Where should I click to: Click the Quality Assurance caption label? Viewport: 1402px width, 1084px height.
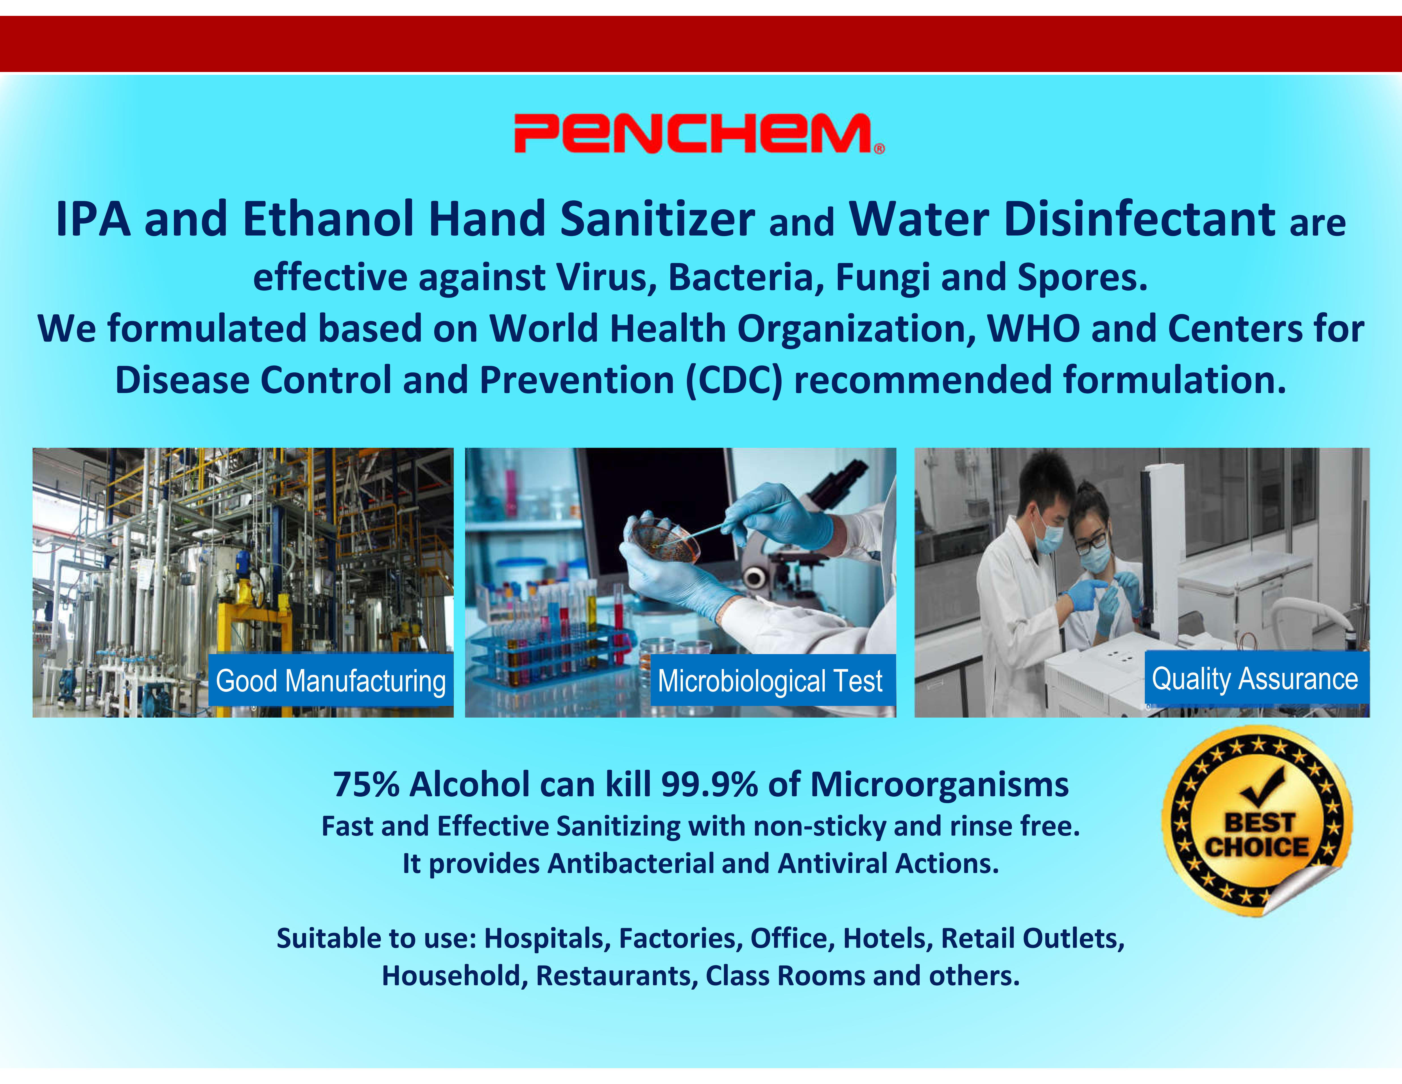pyautogui.click(x=1256, y=678)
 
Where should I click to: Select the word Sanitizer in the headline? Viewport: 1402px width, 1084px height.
pyautogui.click(x=657, y=219)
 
